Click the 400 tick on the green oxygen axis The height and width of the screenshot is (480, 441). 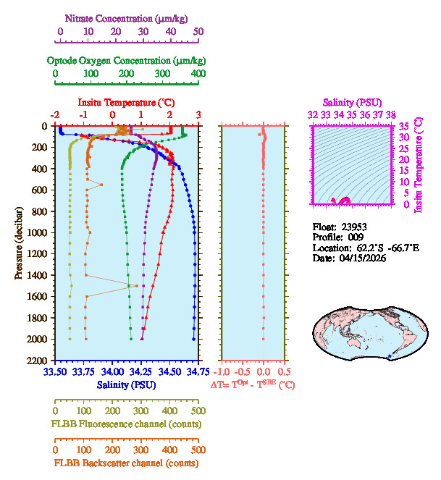pos(198,74)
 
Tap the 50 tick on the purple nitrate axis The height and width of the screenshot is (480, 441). pos(198,31)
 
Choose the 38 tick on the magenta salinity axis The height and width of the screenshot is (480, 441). pos(391,114)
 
